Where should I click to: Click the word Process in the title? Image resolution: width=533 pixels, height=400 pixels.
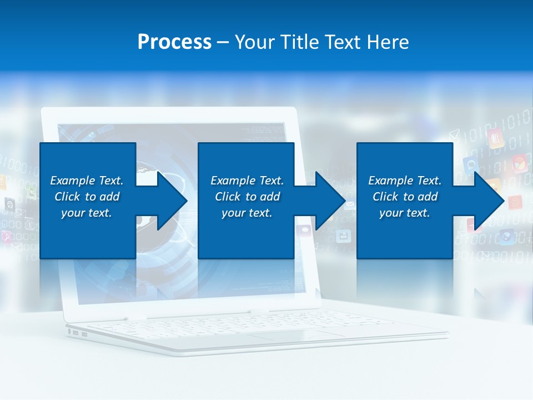coord(174,42)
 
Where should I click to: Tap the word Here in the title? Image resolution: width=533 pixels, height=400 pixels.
coord(387,42)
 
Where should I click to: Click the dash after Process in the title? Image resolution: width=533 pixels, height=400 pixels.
coord(223,43)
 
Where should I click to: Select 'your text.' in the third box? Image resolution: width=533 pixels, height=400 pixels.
coord(405,213)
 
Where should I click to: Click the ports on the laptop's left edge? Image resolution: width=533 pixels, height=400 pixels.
coord(78,333)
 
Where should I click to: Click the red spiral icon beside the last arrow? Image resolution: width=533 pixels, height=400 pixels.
coord(515,202)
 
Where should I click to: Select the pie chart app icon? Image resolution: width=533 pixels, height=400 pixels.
coord(520,163)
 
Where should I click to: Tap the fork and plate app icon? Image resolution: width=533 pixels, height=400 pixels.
coord(495,137)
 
